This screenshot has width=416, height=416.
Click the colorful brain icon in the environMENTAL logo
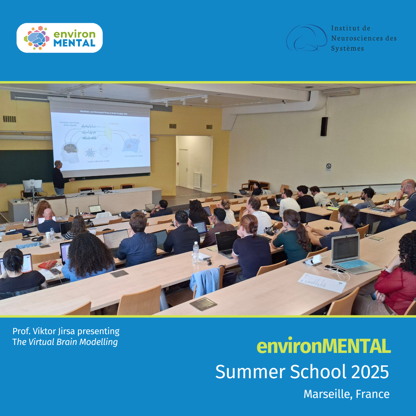pyautogui.click(x=37, y=38)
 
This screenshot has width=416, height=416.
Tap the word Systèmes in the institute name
pyautogui.click(x=347, y=49)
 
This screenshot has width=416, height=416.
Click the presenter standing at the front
pyautogui.click(x=59, y=177)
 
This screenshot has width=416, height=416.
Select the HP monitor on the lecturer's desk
pyautogui.click(x=33, y=186)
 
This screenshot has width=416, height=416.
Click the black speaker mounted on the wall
pyautogui.click(x=324, y=126)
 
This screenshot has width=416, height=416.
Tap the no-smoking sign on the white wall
pyautogui.click(x=329, y=167)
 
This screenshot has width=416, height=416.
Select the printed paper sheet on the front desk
pyautogui.click(x=322, y=282)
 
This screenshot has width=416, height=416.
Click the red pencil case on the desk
pyautogui.click(x=48, y=265)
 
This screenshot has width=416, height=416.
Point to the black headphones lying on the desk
pyautogui.click(x=37, y=239)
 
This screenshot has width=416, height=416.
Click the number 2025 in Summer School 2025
pyautogui.click(x=370, y=372)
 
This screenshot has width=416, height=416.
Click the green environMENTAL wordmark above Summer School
pyautogui.click(x=324, y=346)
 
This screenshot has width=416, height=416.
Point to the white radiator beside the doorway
pyautogui.click(x=197, y=180)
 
